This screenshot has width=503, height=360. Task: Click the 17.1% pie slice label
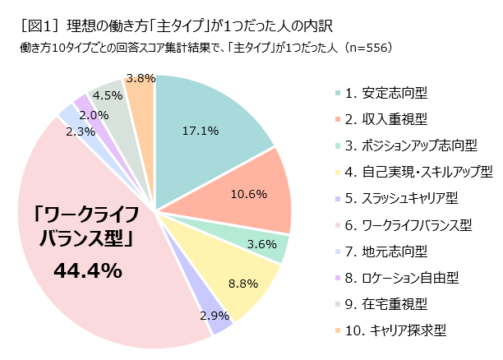tap(199, 130)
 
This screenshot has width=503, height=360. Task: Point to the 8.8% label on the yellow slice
tap(242, 284)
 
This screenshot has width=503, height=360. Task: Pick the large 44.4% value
tap(87, 270)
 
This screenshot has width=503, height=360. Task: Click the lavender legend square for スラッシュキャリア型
tap(338, 198)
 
